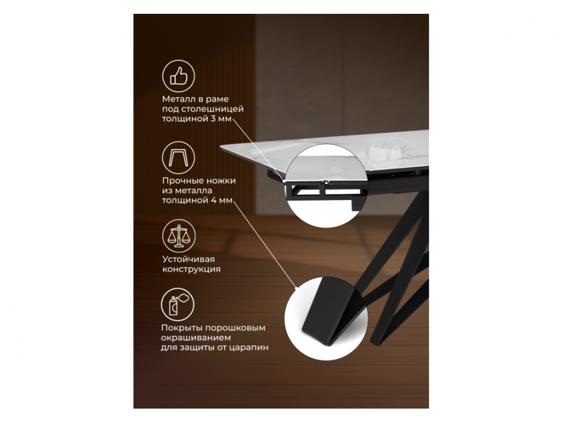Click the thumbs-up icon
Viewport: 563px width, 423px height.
178,76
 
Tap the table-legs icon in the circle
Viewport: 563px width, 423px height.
178,157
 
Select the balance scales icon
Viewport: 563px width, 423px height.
178,236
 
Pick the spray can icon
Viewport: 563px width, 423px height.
178,305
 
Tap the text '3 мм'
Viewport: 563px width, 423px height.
221,118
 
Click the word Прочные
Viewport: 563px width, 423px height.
182,180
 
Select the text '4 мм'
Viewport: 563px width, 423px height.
221,201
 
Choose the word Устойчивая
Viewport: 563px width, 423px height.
188,259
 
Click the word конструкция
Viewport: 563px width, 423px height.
191,269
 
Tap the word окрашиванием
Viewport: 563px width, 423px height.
196,338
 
